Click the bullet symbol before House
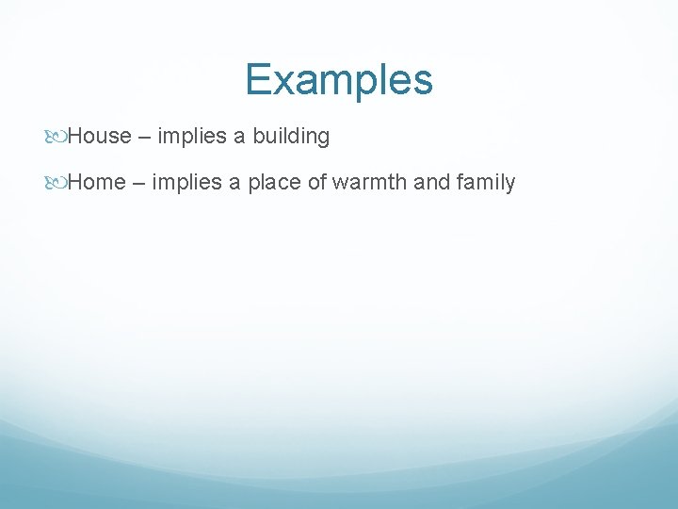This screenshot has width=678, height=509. point(58,137)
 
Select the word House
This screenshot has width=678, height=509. point(99,137)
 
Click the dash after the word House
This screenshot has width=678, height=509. point(144,138)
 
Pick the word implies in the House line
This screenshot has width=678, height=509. point(191,137)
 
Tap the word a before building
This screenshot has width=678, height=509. point(239,138)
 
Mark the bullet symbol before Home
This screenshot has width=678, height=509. point(58,183)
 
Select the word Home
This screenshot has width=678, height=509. point(97,183)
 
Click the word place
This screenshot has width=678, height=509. point(274,183)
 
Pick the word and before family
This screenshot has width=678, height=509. point(432,183)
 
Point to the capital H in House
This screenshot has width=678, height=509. point(76,137)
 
